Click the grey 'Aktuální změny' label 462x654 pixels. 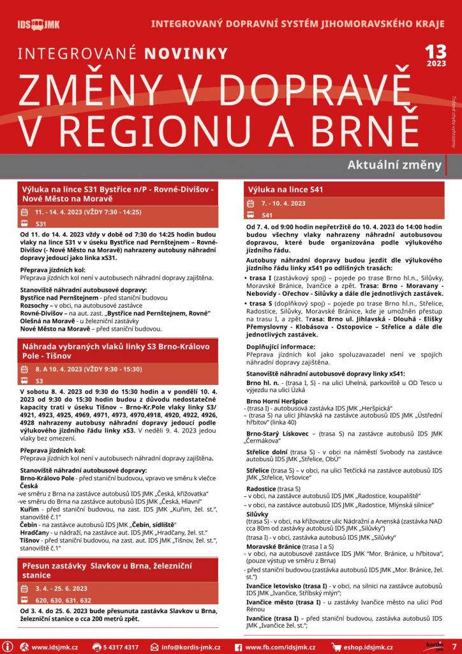(x=394, y=165)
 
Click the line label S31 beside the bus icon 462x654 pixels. (x=41, y=224)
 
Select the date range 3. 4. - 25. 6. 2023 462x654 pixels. (x=62, y=588)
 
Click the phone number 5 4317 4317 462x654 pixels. (x=121, y=647)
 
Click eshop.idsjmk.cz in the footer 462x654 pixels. (x=364, y=647)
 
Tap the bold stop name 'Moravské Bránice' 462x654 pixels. (x=276, y=547)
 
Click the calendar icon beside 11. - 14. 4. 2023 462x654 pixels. (x=25, y=212)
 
